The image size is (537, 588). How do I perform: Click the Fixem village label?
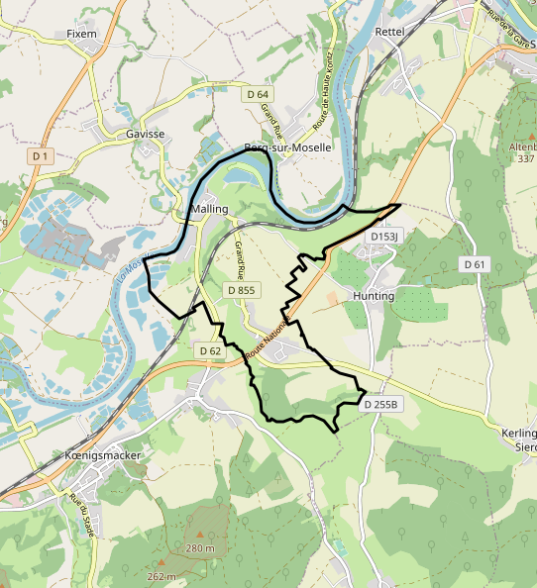click(x=81, y=33)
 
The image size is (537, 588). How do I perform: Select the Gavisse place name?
click(x=145, y=133)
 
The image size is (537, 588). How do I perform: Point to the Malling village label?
click(x=210, y=209)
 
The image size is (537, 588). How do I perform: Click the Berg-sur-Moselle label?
click(x=287, y=147)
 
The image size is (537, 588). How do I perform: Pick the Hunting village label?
click(x=374, y=295)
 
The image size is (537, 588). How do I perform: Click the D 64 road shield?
click(x=258, y=94)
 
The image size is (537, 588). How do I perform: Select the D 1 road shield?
click(x=40, y=156)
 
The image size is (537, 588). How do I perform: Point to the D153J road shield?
click(x=383, y=237)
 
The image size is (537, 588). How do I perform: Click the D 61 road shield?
click(x=476, y=264)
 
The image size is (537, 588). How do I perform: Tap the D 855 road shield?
click(x=241, y=290)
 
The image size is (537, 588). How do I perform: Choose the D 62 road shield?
click(x=210, y=351)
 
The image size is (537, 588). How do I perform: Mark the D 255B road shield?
click(x=380, y=405)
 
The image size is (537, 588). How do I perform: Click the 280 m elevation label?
click(x=200, y=548)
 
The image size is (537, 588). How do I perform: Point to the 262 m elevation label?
click(x=161, y=577)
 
